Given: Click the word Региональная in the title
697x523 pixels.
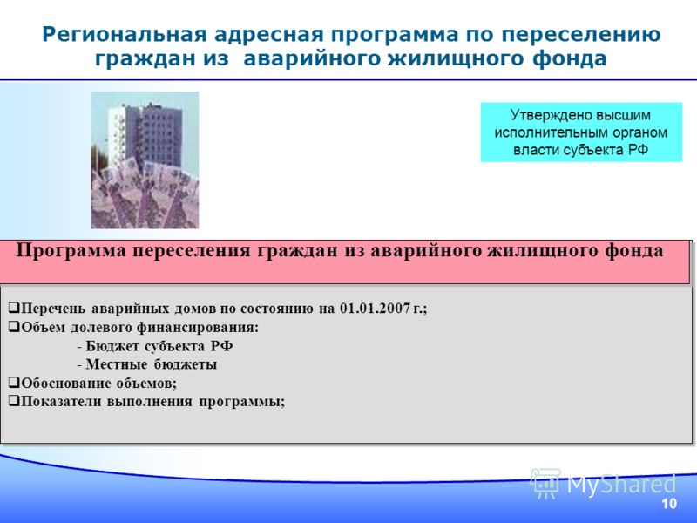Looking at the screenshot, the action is coord(125,35).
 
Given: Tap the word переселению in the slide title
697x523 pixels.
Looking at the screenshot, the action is coord(581,35).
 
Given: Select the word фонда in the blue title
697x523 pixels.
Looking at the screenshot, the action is coord(570,59).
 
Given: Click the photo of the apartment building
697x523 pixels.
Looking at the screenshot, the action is coord(145,160).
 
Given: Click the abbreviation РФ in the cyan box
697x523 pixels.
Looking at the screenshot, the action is coord(639,150).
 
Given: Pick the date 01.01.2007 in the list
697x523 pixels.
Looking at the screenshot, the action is coord(375,309).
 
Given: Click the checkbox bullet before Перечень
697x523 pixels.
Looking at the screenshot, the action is coord(14,308).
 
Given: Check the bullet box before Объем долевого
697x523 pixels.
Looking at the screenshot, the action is coord(14,327).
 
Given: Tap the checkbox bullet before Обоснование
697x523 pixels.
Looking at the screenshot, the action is coord(14,383).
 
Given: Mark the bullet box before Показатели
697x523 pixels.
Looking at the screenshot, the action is coord(14,401).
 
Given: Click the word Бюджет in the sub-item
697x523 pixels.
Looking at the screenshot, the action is coord(112,346).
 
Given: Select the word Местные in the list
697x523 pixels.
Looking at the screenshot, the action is coord(117,364).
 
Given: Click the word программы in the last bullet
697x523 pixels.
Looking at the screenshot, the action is coord(242,402).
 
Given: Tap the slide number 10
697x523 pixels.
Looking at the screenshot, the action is coord(669,504).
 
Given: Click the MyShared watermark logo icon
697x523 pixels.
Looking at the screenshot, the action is coord(545,484).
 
